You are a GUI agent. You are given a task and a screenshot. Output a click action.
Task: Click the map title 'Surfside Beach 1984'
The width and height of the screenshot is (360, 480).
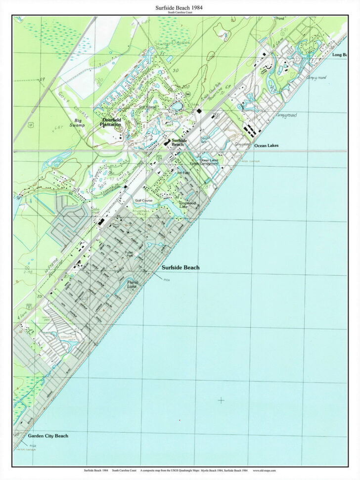click(x=180, y=7)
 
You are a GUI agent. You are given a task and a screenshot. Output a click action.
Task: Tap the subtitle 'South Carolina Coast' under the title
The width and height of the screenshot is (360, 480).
click(x=180, y=13)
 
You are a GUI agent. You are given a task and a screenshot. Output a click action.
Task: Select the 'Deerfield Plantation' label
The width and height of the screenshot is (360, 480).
click(x=111, y=122)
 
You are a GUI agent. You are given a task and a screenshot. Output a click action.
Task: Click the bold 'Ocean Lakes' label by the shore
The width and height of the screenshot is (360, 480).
click(x=267, y=146)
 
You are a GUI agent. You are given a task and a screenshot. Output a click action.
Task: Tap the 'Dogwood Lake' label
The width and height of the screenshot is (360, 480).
click(x=187, y=205)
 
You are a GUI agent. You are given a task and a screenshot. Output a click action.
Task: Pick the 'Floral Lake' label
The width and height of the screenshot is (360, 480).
click(x=132, y=284)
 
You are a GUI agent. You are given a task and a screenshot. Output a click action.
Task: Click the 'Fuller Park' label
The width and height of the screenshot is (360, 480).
click(x=130, y=254)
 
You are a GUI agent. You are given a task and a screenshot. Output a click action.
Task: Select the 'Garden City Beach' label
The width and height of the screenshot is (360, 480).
click(x=48, y=436)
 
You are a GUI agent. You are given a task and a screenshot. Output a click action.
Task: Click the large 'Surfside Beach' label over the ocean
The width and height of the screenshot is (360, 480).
click(x=180, y=267)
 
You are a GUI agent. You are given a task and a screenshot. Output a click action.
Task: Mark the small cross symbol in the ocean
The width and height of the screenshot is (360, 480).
click(x=221, y=400)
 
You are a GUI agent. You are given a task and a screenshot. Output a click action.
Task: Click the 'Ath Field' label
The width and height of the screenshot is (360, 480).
click(x=182, y=173)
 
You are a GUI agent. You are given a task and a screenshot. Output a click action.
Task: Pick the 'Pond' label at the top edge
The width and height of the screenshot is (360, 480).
click(x=280, y=18)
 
